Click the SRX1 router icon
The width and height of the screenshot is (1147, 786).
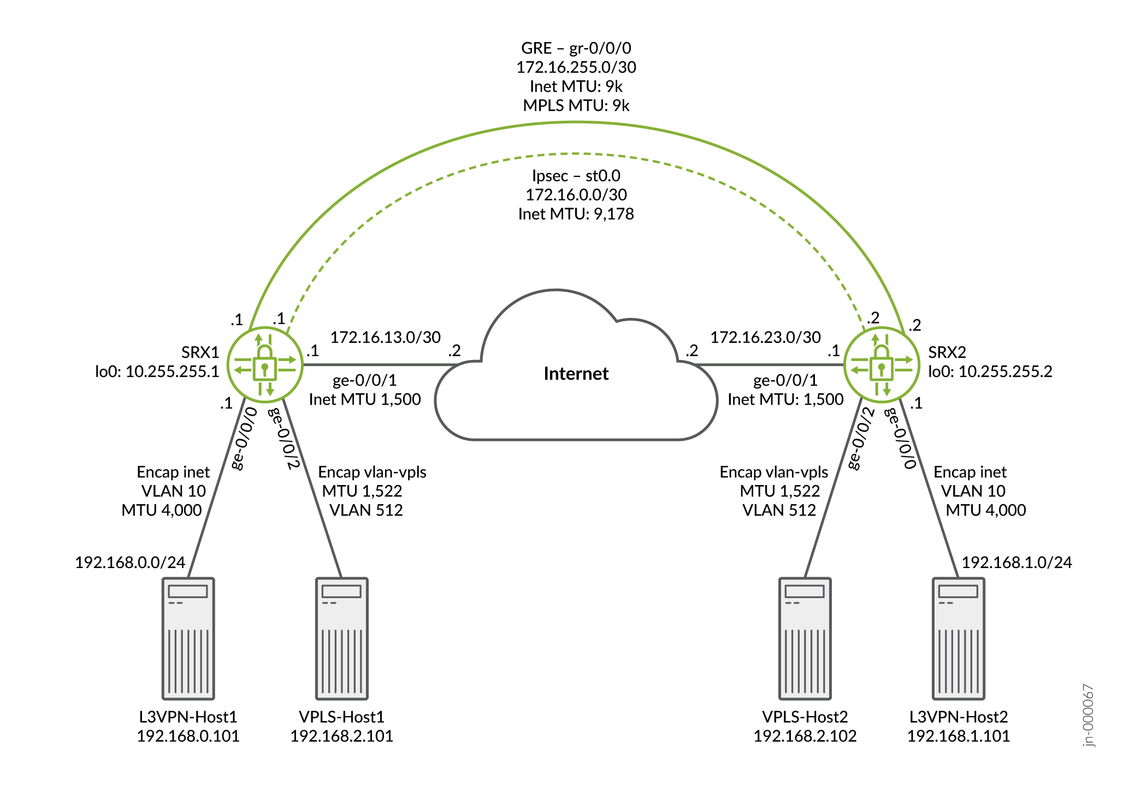[265, 364]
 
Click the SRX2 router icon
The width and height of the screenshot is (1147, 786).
[881, 364]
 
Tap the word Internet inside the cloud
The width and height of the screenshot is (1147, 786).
[576, 374]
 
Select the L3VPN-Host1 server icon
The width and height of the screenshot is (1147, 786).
[188, 638]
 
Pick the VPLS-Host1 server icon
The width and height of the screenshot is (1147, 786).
[342, 638]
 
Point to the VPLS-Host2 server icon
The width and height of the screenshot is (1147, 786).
[805, 638]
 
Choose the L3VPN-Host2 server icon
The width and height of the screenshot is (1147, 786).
[958, 638]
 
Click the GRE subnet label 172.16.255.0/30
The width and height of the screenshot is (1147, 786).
[576, 67]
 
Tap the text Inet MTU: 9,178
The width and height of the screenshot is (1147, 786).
[576, 214]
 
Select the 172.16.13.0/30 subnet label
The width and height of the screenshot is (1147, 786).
[386, 337]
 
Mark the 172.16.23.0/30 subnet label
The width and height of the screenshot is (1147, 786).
[765, 337]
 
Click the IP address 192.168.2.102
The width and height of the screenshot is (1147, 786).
[805, 736]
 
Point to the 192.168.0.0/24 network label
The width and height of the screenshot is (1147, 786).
[130, 562]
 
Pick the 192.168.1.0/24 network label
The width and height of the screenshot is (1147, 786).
[1016, 562]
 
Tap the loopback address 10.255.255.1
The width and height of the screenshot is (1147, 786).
[172, 371]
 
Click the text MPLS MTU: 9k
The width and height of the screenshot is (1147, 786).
[576, 105]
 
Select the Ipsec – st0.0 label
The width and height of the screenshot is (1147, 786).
[576, 176]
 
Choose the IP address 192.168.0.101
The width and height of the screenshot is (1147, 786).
[188, 736]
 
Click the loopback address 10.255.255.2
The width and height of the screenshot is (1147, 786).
[1005, 371]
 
